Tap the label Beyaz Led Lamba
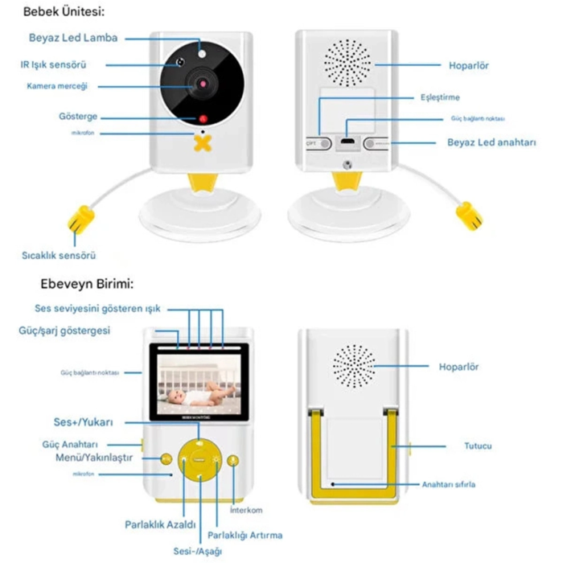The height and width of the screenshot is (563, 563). click(x=73, y=38)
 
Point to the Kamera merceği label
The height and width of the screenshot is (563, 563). click(x=56, y=85)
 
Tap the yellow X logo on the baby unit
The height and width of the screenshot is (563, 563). click(x=204, y=142)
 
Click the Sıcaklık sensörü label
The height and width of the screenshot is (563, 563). click(x=59, y=256)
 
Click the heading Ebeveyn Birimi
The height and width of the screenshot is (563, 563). click(x=87, y=284)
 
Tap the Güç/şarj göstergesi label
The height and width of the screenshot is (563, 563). click(x=64, y=331)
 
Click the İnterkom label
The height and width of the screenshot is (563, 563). click(x=246, y=510)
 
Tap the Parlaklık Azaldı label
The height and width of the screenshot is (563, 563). click(x=161, y=524)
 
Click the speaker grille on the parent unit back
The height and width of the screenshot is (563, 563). click(x=356, y=368)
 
